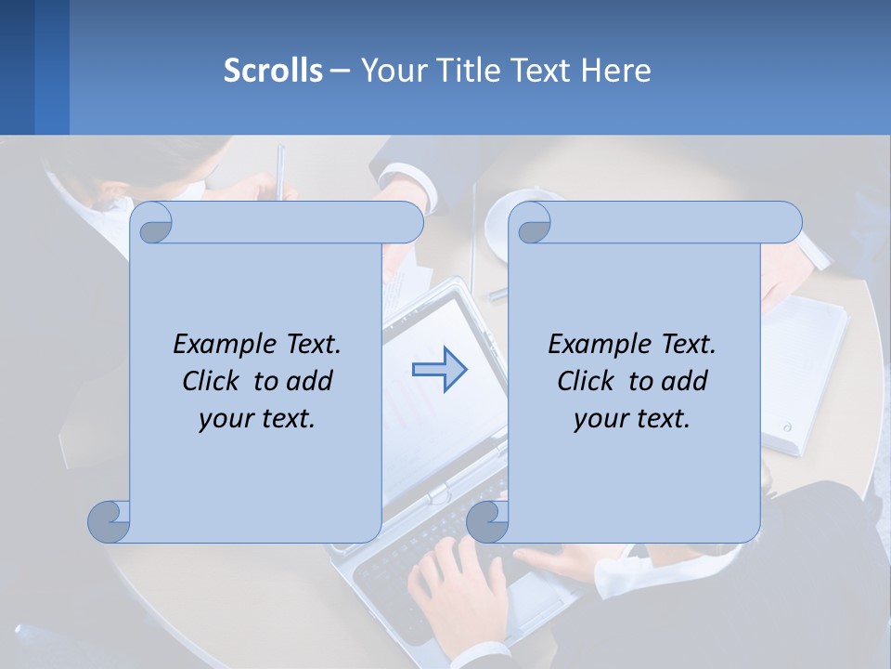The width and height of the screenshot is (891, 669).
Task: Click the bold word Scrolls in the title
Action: tap(273, 71)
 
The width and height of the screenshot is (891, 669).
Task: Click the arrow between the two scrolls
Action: tap(439, 370)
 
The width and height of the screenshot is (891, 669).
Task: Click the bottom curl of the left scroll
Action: tap(109, 521)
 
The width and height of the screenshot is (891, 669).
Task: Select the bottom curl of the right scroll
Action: tap(487, 521)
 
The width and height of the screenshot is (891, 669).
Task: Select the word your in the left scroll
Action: tap(226, 418)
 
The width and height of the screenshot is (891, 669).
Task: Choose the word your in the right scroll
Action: tap(600, 418)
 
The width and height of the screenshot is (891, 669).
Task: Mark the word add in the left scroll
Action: tap(311, 381)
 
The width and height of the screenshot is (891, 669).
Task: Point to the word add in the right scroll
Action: tap(686, 381)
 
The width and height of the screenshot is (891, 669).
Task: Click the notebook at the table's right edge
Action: tap(807, 372)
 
